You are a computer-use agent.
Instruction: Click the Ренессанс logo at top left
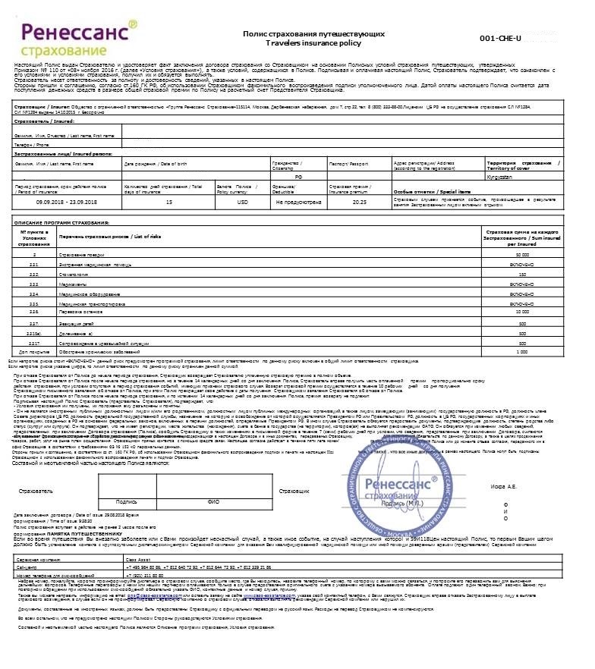[x=80, y=39]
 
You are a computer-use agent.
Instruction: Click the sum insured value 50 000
[x=521, y=255]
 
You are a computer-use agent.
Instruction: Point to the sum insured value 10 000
[x=521, y=312]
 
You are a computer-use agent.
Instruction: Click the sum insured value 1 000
[x=521, y=352]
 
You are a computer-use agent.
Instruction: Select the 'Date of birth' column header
[x=156, y=164]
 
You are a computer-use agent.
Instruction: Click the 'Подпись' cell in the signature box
[x=126, y=479]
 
